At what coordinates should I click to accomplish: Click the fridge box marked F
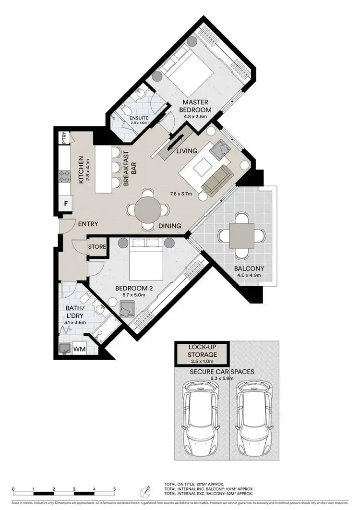click(65, 203)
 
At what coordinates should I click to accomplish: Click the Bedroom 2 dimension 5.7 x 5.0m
click(134, 295)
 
